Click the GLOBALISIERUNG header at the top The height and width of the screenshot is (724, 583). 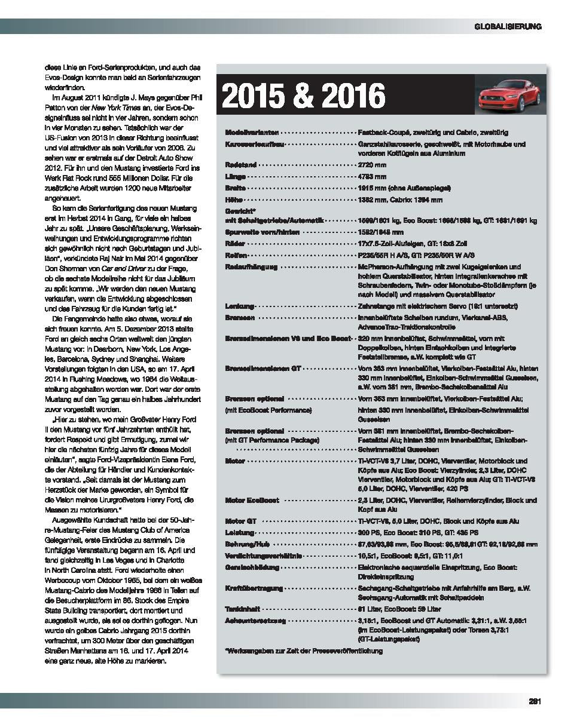tap(508, 26)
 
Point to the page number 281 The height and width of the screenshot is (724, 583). tap(535, 702)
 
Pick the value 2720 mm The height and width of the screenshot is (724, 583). tap(371, 164)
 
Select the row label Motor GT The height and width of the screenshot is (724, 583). tap(240, 521)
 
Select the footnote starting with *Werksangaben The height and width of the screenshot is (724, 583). tap(303, 651)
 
